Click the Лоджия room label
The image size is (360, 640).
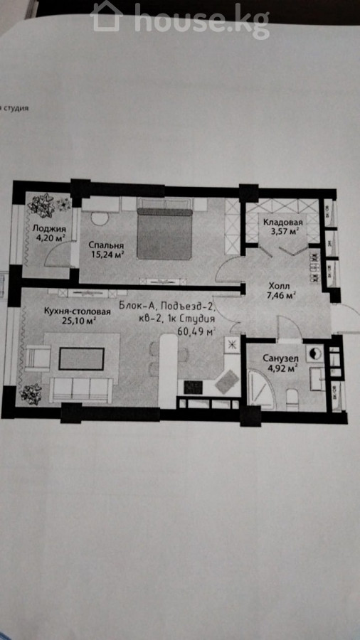pos(49,228)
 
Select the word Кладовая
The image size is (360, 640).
pos(282,222)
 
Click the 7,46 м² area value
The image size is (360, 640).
pos(281,295)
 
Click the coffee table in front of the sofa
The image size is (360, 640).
pos(81,359)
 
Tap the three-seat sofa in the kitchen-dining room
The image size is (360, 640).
pos(81,390)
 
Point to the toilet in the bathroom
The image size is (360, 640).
pos(292,398)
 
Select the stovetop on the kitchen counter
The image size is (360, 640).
pos(193,387)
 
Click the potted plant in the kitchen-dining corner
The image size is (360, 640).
pos(31,393)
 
